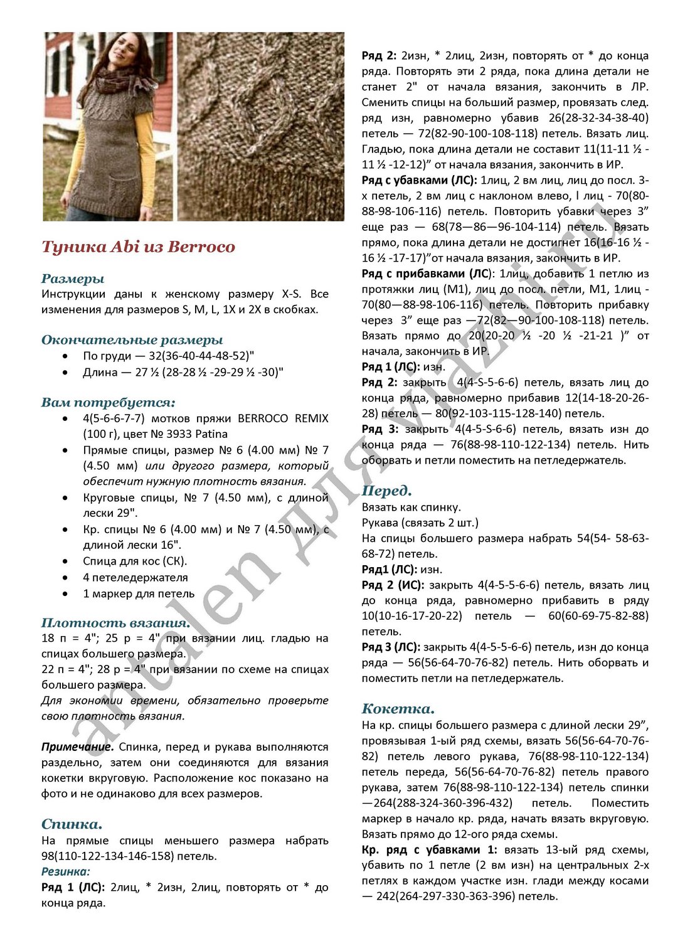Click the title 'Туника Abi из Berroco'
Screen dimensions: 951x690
(138, 247)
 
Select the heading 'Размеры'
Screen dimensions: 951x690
(73, 279)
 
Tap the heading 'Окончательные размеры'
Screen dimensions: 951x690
(132, 340)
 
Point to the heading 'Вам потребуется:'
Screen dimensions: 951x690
(109, 402)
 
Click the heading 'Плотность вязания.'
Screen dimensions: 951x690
(116, 622)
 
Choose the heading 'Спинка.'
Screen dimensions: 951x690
(72, 824)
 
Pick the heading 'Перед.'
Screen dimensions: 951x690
(386, 491)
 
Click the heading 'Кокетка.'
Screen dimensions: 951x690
(398, 709)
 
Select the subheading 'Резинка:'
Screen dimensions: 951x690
(66, 871)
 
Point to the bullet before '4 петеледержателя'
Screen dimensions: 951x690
(66, 577)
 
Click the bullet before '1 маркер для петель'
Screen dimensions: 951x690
(66, 593)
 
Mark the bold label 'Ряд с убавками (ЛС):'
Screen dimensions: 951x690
(419, 180)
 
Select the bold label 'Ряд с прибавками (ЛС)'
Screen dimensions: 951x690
(427, 274)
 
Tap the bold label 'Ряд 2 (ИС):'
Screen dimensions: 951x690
(393, 585)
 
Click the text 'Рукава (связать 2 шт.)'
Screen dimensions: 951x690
(420, 522)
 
